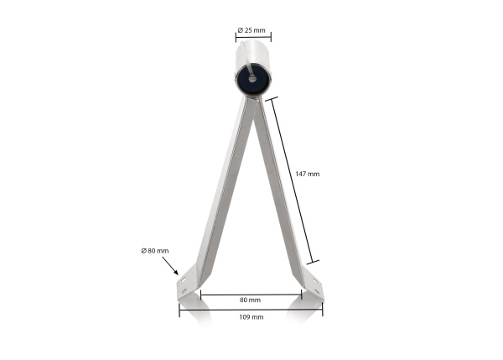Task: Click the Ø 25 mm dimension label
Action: coord(251,30)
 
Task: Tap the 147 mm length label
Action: coord(308,174)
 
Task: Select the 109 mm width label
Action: coord(251,317)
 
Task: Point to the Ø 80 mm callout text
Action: coord(155,250)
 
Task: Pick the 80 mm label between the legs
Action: coord(250,300)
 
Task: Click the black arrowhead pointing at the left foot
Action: coord(176,272)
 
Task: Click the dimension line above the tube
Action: coord(252,38)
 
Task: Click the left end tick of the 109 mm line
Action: coord(179,309)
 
